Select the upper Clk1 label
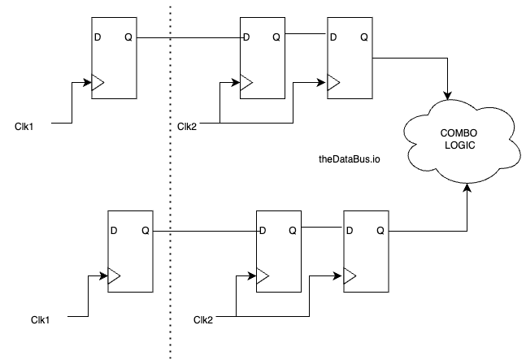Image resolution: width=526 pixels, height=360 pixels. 24,125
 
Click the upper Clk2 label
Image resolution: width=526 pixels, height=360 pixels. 187,125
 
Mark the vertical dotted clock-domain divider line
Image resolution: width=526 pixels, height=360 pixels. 170,179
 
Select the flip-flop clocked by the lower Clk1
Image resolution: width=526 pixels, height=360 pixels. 130,253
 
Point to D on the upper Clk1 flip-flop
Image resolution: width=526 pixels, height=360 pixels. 98,37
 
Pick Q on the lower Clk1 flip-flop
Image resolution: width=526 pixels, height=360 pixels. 145,231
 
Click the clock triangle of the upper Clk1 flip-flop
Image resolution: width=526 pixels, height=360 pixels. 98,83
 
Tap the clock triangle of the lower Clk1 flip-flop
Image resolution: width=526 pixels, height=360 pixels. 114,276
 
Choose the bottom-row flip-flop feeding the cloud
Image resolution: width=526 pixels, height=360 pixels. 367,253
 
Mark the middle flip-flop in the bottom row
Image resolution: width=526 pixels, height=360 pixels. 279,253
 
